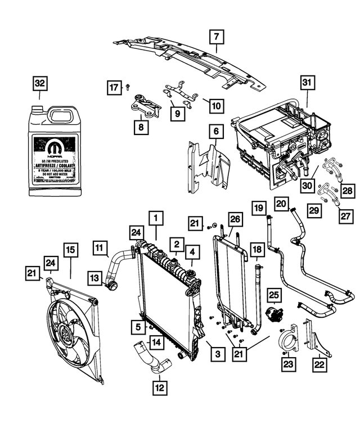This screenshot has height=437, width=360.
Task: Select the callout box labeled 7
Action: pos(215,38)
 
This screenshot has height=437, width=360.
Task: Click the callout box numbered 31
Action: pos(307,83)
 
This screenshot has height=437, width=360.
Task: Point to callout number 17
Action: pos(114,87)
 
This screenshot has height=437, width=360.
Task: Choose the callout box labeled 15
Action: pos(70,251)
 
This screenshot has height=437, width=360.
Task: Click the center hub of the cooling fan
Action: pos(66,335)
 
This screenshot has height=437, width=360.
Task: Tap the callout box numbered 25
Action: pos(274,294)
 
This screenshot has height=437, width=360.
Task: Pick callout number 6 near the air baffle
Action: pos(215,132)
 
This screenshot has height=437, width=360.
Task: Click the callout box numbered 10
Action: pos(216,105)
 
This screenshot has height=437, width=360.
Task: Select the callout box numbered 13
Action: pos(94,277)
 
